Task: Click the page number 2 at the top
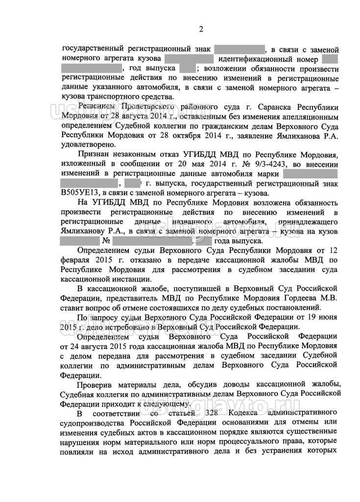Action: (200, 29)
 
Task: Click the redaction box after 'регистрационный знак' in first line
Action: (240, 50)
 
